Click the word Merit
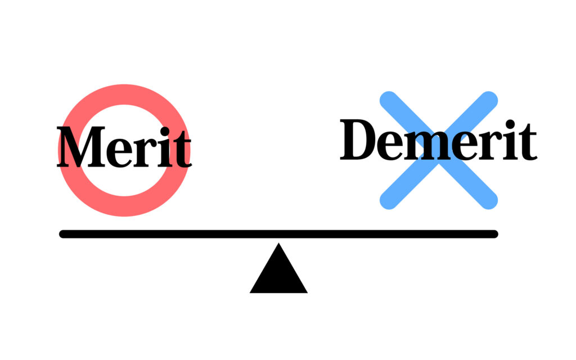click(124, 147)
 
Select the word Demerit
click(438, 140)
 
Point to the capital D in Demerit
click(359, 140)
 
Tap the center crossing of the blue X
click(439, 150)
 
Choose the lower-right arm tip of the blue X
click(489, 201)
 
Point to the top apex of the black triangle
click(278, 245)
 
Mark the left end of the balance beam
click(64, 234)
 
